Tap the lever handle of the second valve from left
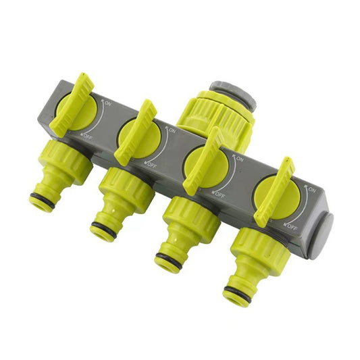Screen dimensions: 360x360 [136, 132]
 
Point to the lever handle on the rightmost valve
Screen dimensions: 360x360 [274, 192]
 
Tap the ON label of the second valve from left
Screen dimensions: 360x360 [172, 130]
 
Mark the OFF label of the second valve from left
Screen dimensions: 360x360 [152, 165]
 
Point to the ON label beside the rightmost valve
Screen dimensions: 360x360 [311, 190]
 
